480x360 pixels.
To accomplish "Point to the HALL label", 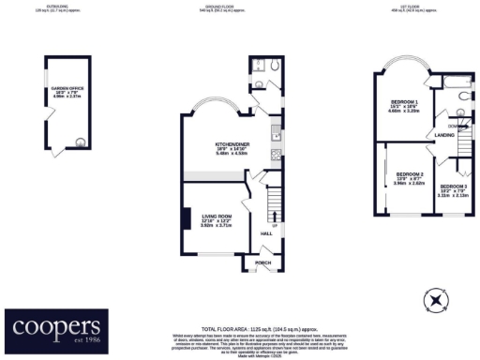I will (x=264, y=232).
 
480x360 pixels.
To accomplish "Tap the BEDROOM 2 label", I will (x=410, y=175).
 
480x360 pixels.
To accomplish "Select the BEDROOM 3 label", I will (x=453, y=187).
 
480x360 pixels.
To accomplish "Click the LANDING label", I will (x=444, y=135).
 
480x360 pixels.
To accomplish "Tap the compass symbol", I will (x=434, y=301).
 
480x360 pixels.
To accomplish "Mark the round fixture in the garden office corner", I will (x=79, y=142).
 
